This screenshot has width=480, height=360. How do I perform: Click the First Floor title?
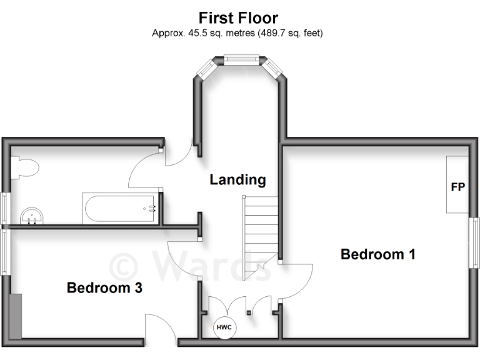[x=238, y=17]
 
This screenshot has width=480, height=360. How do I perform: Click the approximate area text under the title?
[x=237, y=33]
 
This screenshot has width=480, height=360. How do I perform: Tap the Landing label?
[x=237, y=180]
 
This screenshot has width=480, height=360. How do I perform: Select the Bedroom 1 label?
[x=377, y=254]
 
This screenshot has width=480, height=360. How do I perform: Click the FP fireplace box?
[x=457, y=185]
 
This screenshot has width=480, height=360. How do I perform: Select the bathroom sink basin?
[x=31, y=216]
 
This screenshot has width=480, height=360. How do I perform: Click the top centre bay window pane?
[x=241, y=60]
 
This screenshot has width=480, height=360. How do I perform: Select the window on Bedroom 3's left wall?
[x=4, y=252]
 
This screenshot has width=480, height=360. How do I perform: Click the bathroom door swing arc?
[x=144, y=169]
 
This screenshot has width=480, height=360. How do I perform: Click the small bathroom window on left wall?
[x=4, y=207]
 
